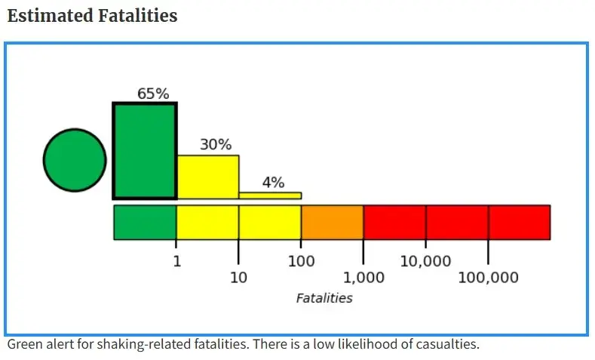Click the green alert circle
click(x=75, y=160)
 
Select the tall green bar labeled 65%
click(x=145, y=151)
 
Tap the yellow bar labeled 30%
click(x=207, y=177)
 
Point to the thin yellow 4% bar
click(x=270, y=195)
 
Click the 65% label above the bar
click(x=153, y=94)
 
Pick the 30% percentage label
click(x=216, y=145)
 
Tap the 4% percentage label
click(x=273, y=183)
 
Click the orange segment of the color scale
click(x=332, y=222)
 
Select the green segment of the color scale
click(x=145, y=222)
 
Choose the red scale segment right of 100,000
click(x=519, y=222)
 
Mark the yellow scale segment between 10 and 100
click(x=270, y=222)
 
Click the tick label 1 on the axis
click(x=176, y=262)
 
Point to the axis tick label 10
click(x=238, y=278)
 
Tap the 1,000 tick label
click(x=363, y=278)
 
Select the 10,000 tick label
click(x=425, y=262)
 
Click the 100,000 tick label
click(x=488, y=278)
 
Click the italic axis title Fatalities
click(x=324, y=298)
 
